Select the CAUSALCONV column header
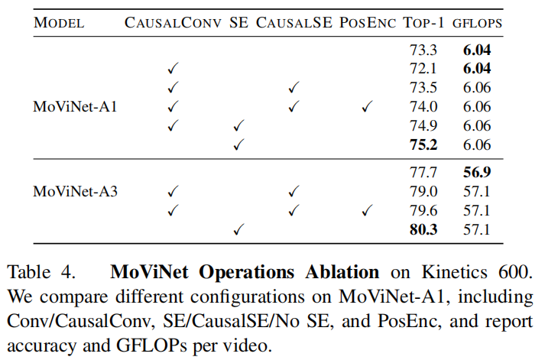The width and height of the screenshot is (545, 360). click(x=174, y=22)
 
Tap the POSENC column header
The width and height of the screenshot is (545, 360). click(x=367, y=22)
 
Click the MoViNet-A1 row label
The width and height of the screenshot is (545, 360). click(x=75, y=105)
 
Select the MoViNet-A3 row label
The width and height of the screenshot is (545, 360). click(x=75, y=191)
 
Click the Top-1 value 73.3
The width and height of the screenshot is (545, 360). click(x=423, y=50)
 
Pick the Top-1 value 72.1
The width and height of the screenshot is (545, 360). click(x=423, y=69)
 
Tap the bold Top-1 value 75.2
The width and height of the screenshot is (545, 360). click(x=423, y=144)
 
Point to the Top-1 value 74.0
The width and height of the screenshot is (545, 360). click(x=423, y=106)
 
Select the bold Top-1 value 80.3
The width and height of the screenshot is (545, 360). click(x=423, y=228)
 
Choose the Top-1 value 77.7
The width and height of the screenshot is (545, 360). click(x=423, y=172)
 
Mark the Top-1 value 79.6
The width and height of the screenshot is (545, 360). click(x=423, y=209)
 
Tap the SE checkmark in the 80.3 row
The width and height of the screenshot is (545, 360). click(x=238, y=228)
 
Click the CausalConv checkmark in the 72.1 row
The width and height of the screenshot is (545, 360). click(x=173, y=69)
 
